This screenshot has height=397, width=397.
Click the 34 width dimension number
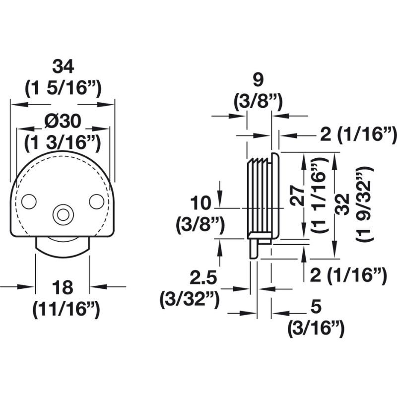click(x=63, y=66)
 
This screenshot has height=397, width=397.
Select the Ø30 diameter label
click(x=63, y=121)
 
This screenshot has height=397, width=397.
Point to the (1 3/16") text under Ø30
click(x=63, y=143)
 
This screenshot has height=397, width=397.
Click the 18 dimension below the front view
click(x=63, y=287)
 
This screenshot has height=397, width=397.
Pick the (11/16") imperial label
click(x=66, y=310)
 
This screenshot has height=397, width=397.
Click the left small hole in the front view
click(x=29, y=201)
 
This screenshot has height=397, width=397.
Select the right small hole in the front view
click(x=96, y=201)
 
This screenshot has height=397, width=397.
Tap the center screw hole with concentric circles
click(x=63, y=214)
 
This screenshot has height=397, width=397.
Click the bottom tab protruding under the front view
click(x=63, y=245)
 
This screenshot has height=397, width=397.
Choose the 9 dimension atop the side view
click(x=258, y=80)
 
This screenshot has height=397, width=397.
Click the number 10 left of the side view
click(x=201, y=203)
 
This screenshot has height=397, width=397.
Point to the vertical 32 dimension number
click(x=343, y=204)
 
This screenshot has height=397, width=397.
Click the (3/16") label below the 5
click(x=315, y=329)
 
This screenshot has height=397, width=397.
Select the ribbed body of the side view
click(x=261, y=196)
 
